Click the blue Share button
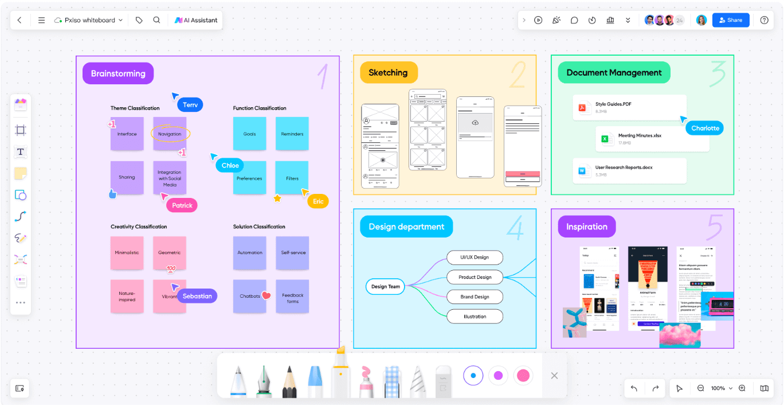pos(731,20)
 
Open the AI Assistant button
pos(196,20)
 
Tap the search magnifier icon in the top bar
pos(156,20)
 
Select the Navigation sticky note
pos(170,134)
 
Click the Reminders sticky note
pos(292,134)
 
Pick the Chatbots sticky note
pos(250,296)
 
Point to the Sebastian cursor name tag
pos(197,296)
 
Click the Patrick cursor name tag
pos(182,205)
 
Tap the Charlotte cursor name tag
pos(705,128)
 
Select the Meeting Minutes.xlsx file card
pos(652,139)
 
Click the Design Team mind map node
pos(385,286)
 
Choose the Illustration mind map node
pos(475,316)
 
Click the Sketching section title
pos(388,73)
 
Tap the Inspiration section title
pos(586,227)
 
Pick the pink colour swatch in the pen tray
pos(523,376)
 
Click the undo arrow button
pos(634,388)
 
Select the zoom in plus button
pos(742,388)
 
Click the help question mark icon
pos(764,20)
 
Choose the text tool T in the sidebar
pos(21,152)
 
